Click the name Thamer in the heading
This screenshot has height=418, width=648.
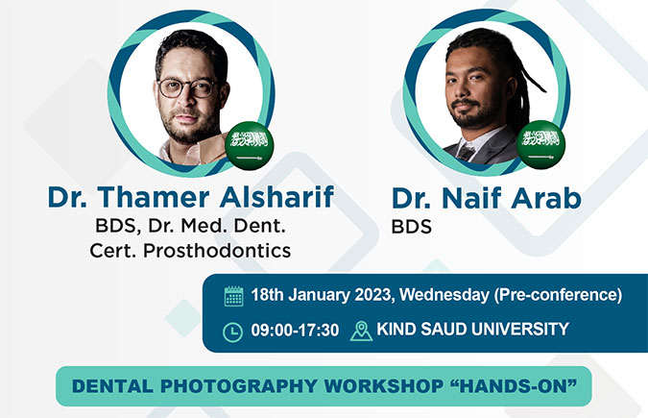pyautogui.click(x=154, y=197)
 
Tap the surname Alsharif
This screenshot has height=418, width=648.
pyautogui.click(x=276, y=196)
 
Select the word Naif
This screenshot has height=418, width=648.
pyautogui.click(x=471, y=198)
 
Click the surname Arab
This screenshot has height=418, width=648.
pyautogui.click(x=546, y=198)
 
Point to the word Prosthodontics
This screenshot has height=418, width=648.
pyautogui.click(x=217, y=251)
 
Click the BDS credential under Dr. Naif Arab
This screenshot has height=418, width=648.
pyautogui.click(x=412, y=227)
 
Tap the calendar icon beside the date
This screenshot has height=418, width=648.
pyautogui.click(x=234, y=296)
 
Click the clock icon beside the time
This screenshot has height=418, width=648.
pyautogui.click(x=233, y=332)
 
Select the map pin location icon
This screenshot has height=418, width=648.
pyautogui.click(x=361, y=332)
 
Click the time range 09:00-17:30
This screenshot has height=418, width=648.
pyautogui.click(x=295, y=331)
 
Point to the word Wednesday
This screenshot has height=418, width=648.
pyautogui.click(x=444, y=295)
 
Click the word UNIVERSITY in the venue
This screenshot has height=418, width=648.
pyautogui.click(x=520, y=329)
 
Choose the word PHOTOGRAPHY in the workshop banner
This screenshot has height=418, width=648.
pyautogui.click(x=239, y=386)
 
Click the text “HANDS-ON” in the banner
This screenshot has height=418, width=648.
pyautogui.click(x=513, y=385)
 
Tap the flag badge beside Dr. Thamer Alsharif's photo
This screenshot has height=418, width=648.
pyautogui.click(x=250, y=146)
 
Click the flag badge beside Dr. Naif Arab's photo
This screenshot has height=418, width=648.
pyautogui.click(x=541, y=144)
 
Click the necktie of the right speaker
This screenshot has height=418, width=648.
pyautogui.click(x=466, y=153)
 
